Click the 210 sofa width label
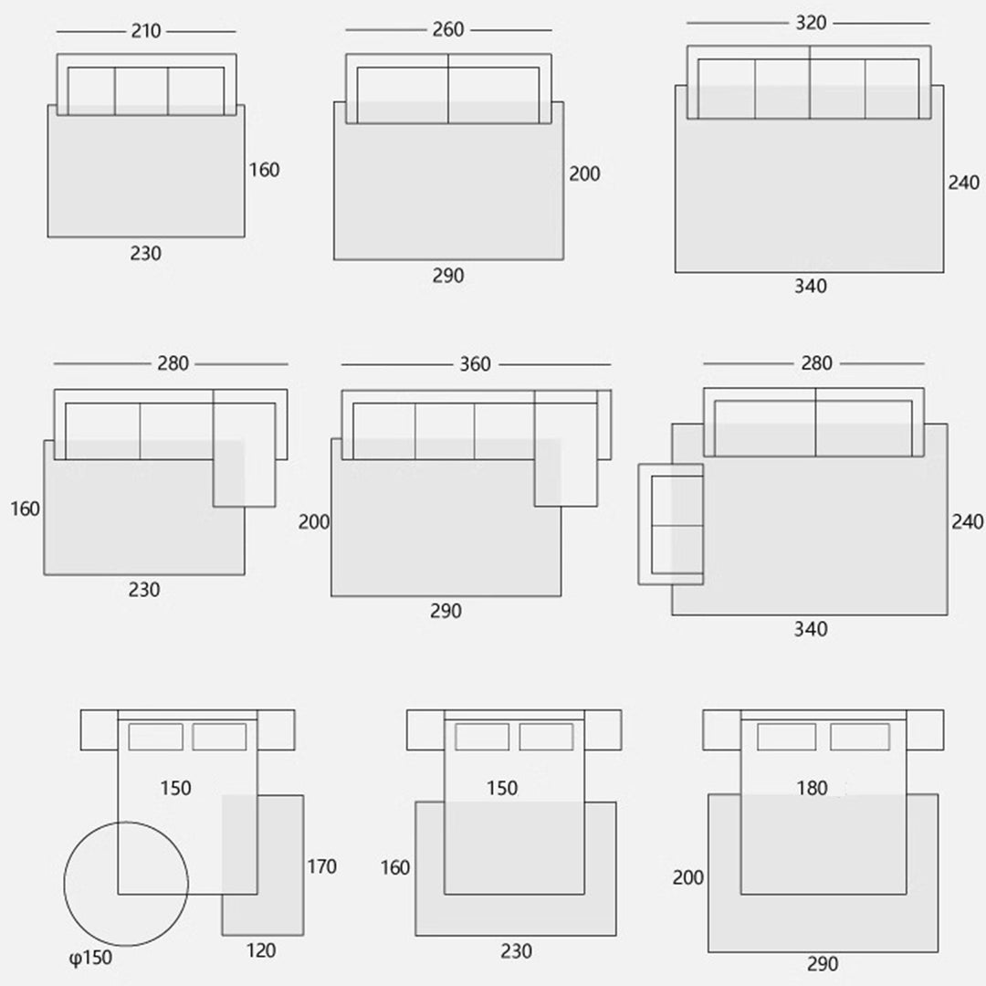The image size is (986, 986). [146, 31]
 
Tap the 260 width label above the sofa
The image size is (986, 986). [447, 29]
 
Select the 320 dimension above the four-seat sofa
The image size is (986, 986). [811, 23]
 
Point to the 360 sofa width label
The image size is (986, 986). [475, 364]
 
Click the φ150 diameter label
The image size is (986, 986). [90, 958]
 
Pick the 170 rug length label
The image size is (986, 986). [321, 866]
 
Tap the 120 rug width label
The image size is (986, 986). [261, 950]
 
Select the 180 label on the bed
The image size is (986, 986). [812, 788]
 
